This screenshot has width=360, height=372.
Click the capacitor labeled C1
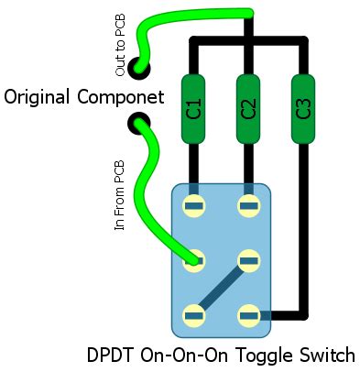click(x=193, y=109)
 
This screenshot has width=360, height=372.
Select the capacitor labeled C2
click(x=247, y=109)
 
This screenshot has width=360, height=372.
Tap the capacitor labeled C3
click(x=303, y=109)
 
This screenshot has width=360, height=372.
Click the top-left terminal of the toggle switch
click(x=193, y=205)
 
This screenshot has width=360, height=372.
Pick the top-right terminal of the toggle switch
click(x=248, y=205)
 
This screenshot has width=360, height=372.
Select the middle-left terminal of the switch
click(x=193, y=261)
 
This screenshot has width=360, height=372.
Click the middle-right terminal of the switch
click(x=248, y=261)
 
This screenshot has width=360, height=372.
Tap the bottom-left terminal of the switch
click(x=193, y=316)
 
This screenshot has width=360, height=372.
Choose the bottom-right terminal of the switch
click(x=248, y=316)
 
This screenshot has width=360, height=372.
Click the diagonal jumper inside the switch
click(x=221, y=289)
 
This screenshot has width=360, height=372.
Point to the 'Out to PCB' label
click(x=121, y=46)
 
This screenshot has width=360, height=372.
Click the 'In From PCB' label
click(x=119, y=196)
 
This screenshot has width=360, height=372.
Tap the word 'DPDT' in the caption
click(x=112, y=355)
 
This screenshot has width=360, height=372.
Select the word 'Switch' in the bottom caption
click(x=322, y=355)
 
